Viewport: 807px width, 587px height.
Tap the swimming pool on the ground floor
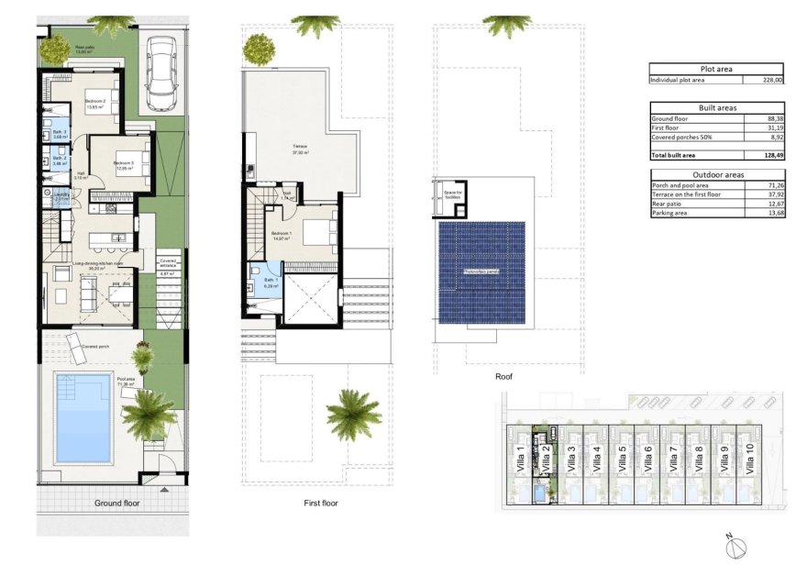[x=83, y=417]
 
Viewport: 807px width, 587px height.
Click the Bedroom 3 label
[x=124, y=165]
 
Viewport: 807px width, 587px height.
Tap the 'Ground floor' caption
[x=117, y=503]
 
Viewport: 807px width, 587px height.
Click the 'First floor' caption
[x=322, y=504]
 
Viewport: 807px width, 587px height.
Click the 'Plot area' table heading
[x=716, y=68]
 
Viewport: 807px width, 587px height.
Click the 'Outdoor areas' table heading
[x=716, y=174]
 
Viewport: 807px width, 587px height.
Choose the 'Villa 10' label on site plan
[x=752, y=456]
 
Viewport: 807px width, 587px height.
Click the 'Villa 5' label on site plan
[x=623, y=456]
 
